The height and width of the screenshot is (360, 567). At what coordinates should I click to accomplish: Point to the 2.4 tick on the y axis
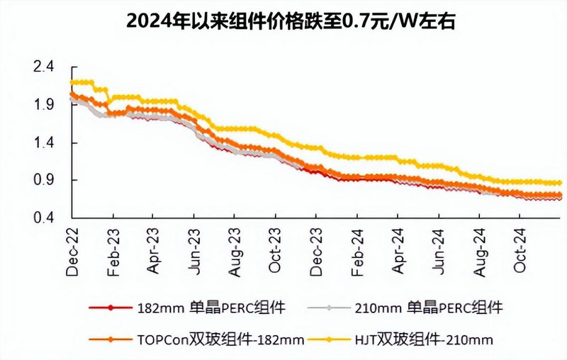44,67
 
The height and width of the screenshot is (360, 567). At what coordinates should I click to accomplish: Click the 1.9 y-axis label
44,105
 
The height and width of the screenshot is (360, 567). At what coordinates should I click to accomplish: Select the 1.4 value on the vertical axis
44,142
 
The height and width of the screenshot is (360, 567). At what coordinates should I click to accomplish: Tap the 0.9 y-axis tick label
44,180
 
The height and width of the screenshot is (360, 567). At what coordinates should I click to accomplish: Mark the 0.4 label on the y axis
44,218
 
